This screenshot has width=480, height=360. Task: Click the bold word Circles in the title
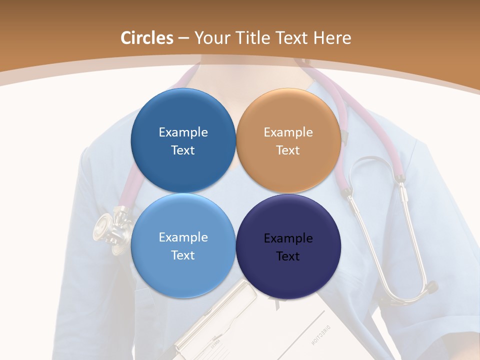click(147, 37)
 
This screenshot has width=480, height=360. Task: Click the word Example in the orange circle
click(288, 132)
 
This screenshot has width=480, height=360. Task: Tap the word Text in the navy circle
click(288, 256)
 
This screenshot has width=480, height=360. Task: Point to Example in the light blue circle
click(183, 237)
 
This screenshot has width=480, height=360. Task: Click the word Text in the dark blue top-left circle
click(183, 150)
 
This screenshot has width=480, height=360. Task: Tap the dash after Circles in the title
click(183, 38)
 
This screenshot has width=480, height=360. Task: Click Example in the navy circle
click(288, 238)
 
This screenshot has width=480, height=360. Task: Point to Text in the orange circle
click(288, 150)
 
